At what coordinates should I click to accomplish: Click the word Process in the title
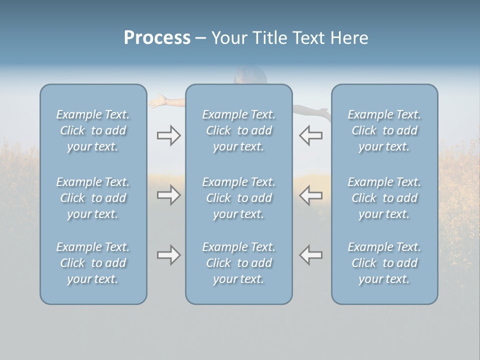point(157,38)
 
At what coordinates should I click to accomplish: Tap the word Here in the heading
point(349,38)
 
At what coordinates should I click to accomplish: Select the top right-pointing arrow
point(168,135)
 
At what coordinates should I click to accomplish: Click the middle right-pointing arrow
point(168,195)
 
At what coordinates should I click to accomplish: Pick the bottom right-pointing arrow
point(168,255)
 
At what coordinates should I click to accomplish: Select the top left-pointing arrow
point(310,135)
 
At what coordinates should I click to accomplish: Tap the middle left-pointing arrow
point(310,195)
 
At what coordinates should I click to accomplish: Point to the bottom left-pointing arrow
point(310,255)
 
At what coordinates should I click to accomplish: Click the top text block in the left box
point(93,130)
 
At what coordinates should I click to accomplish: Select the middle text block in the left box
point(93,198)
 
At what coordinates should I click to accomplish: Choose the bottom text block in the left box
point(93,263)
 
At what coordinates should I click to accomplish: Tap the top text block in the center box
point(239,130)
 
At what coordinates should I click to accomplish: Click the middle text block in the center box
point(239,198)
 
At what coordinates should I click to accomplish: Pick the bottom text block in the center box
point(239,263)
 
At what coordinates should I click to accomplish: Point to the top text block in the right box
point(384,130)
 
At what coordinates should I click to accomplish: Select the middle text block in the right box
point(384,198)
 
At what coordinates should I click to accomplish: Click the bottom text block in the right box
point(384,263)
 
